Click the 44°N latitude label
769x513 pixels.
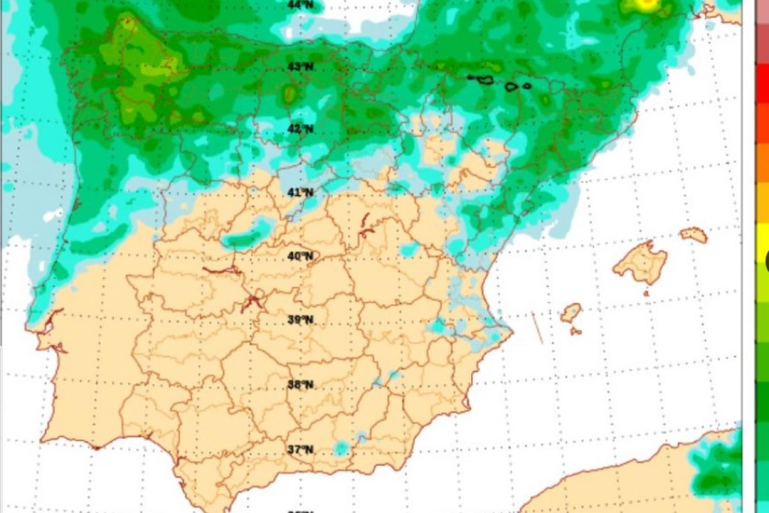(300, 4)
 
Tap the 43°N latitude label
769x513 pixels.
(300, 67)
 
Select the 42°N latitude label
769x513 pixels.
(300, 129)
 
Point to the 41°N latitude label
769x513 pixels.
(300, 192)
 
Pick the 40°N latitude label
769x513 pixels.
(300, 256)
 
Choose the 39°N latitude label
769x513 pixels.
(300, 319)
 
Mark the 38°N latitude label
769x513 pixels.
(300, 385)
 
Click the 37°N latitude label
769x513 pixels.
(300, 450)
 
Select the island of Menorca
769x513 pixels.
(694, 235)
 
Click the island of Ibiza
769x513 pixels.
(570, 313)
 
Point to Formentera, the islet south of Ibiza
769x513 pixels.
(575, 332)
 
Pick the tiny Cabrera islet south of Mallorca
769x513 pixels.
(646, 294)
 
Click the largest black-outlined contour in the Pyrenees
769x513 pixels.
(481, 80)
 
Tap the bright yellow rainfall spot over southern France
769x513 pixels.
(647, 4)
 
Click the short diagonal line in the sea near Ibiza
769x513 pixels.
(537, 328)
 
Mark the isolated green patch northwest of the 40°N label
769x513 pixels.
(247, 239)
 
